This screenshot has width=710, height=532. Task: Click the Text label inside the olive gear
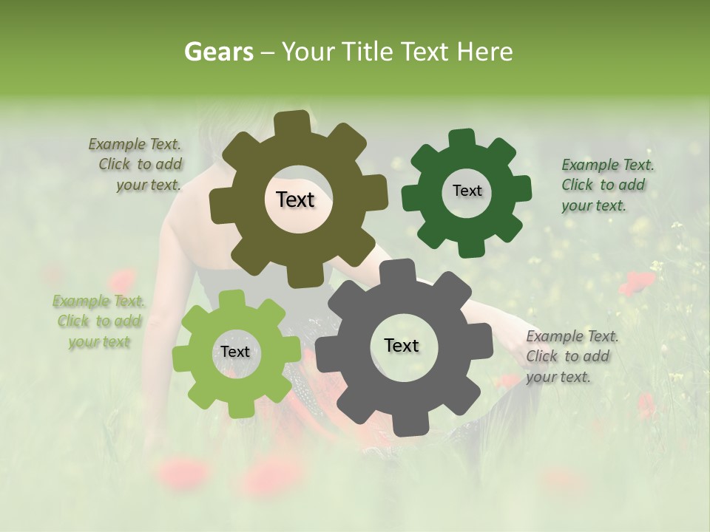(295, 199)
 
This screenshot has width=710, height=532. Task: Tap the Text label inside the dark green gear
(467, 191)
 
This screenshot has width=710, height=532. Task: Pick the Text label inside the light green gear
(234, 352)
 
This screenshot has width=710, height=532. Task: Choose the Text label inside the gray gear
(402, 345)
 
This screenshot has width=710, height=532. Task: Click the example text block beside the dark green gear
(607, 185)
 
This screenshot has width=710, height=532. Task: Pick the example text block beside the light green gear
(98, 321)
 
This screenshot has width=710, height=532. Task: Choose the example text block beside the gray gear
(572, 356)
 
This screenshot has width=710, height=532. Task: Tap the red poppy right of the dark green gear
(637, 282)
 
